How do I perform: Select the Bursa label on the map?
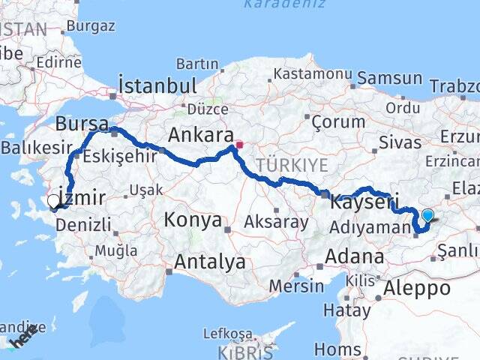[x=82, y=123]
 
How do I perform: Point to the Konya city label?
[x=193, y=220]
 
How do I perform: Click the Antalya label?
[x=210, y=262]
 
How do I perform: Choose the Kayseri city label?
[x=364, y=203]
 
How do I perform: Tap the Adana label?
[x=355, y=257]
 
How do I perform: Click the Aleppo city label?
[x=417, y=288]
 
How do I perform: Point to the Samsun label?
[x=390, y=78]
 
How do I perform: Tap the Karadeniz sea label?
[x=285, y=4]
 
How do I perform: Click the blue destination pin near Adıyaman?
[x=427, y=216]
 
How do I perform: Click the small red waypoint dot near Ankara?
[x=239, y=144]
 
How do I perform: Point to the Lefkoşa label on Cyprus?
[x=226, y=334]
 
